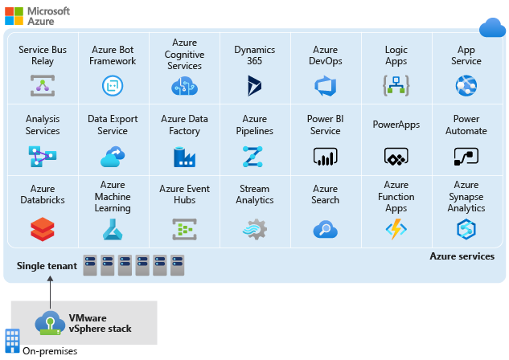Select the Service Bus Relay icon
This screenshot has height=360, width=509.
42,85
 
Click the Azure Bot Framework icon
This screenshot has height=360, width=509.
112,85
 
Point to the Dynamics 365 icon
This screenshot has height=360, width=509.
255,85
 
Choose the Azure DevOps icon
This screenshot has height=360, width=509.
325,85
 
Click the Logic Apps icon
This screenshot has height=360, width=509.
396,85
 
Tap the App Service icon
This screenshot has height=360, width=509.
466,85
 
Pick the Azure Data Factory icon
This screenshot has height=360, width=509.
184,155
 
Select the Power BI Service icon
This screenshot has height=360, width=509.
325,155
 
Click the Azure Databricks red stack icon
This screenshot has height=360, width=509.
42,230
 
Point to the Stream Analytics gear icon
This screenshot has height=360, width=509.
255,230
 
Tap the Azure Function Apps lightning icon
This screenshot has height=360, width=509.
396,230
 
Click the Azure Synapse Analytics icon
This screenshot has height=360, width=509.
466,230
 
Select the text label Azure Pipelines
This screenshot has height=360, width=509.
255,125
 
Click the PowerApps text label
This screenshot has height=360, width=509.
396,125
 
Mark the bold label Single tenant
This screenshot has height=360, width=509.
47,265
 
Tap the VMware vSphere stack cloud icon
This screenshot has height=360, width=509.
49,322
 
